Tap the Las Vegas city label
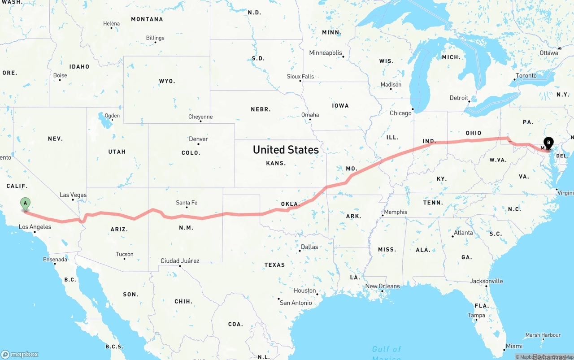[73, 195]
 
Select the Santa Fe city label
[187, 203]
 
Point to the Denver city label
[198, 139]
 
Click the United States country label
[286, 150]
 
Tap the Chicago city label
[400, 113]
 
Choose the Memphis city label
[396, 212]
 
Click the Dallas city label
[309, 247]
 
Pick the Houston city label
[305, 291]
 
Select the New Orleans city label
[383, 286]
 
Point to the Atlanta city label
[463, 233]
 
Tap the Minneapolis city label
[326, 53]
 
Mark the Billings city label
[155, 38]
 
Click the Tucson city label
[124, 254]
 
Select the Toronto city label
[526, 76]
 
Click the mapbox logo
[20, 354]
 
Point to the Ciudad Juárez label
[180, 261]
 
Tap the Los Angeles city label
[35, 227]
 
